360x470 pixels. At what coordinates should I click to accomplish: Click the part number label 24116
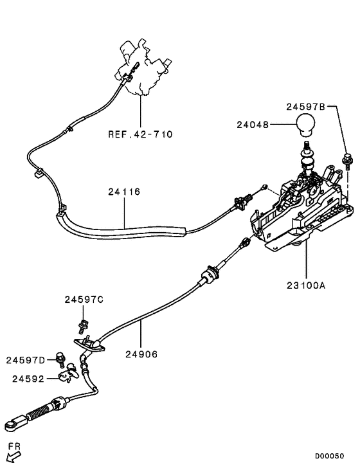[125, 192]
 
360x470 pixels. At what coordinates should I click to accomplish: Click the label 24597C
[84, 300]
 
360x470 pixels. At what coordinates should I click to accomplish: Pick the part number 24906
[141, 354]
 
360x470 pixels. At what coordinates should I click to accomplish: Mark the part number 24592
[28, 379]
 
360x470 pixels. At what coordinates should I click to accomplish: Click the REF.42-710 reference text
[141, 134]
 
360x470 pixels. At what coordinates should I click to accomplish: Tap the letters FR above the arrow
[14, 445]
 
